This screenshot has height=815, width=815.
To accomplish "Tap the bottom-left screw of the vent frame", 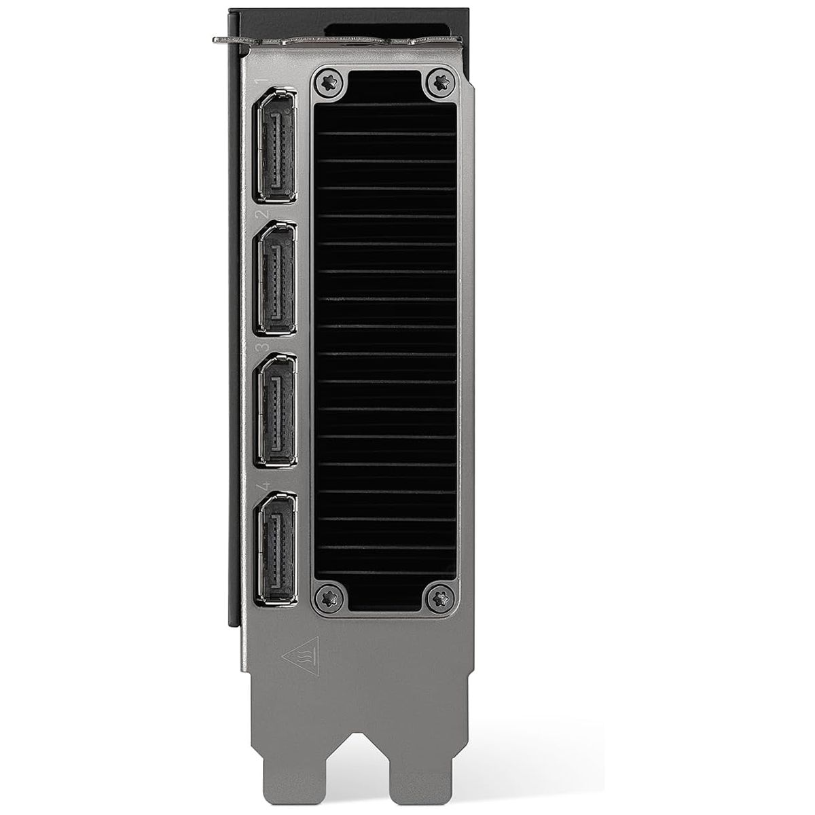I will tap(330, 598).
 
